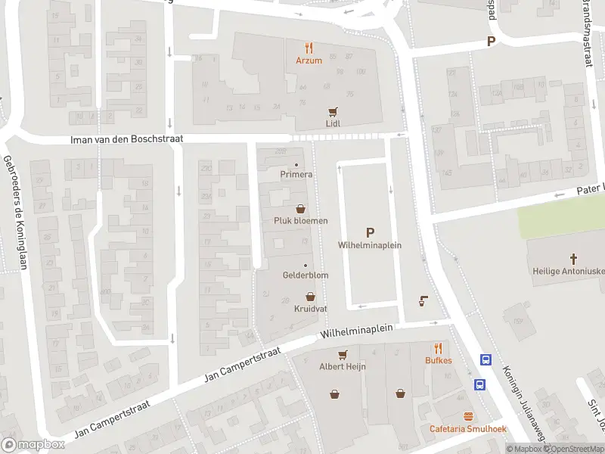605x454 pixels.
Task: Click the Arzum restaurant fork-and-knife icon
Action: coord(309,47)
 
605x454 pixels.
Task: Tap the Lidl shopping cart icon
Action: coord(330,110)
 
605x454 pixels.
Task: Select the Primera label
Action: coord(296,175)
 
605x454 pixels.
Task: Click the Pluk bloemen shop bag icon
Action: coord(300,209)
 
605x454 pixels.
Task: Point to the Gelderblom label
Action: coord(305,275)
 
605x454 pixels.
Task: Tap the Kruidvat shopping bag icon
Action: coord(309,297)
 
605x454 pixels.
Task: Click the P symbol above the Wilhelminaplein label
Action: coord(370,232)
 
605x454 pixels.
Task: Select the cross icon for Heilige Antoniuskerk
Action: coord(561,259)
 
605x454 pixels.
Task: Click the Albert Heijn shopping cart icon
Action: coord(343,354)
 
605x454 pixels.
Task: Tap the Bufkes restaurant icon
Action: coord(438,348)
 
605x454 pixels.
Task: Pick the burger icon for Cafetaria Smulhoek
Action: coord(468,417)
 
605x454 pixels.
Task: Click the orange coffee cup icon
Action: coord(423,300)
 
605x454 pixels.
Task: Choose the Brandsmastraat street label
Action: coord(586,34)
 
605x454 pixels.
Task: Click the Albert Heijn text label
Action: coord(343,366)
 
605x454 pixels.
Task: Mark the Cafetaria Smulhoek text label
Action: coord(468,430)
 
